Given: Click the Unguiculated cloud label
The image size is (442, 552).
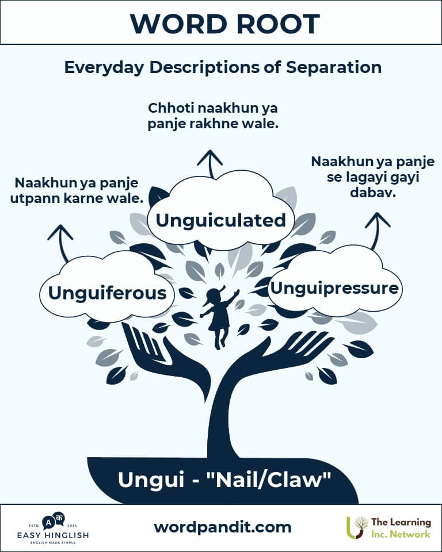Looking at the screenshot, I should click(221, 220).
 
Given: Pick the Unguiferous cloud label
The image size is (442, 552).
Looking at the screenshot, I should click(107, 293).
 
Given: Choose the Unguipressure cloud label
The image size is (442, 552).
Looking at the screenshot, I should click(334, 287).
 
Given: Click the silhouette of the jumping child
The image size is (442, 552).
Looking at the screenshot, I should click(219, 316).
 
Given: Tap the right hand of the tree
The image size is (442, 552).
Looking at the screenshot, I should click(288, 354).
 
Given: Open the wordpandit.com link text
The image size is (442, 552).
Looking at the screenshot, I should click(222, 527).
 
